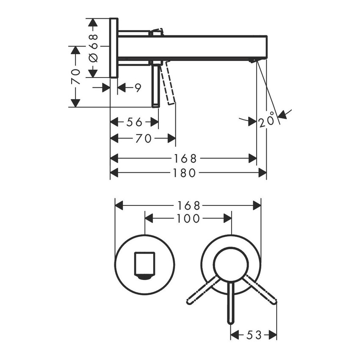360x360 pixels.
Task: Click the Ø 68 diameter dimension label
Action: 94,48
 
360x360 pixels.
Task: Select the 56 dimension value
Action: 134,122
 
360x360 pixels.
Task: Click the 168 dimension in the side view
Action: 185,159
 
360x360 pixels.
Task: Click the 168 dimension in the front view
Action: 188,206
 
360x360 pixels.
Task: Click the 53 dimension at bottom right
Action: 253,335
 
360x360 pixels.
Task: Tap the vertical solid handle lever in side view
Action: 156,85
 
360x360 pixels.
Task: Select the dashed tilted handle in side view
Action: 169,83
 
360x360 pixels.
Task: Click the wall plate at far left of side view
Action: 114,48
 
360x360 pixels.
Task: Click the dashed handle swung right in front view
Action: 260,290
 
